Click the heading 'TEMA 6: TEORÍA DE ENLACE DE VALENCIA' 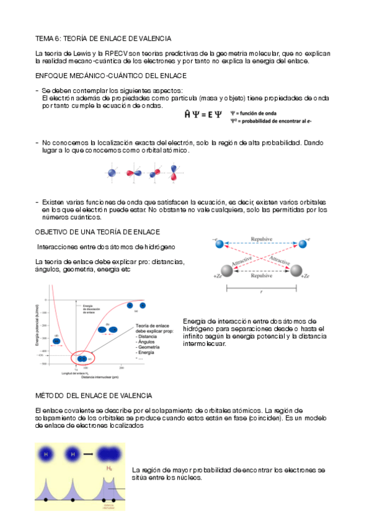coord(103,38)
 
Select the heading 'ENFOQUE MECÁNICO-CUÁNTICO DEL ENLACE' coord(111,76)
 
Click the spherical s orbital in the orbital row coord(112,173)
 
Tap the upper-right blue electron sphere coord(302,244)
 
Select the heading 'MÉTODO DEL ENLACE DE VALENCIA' coord(94,395)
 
